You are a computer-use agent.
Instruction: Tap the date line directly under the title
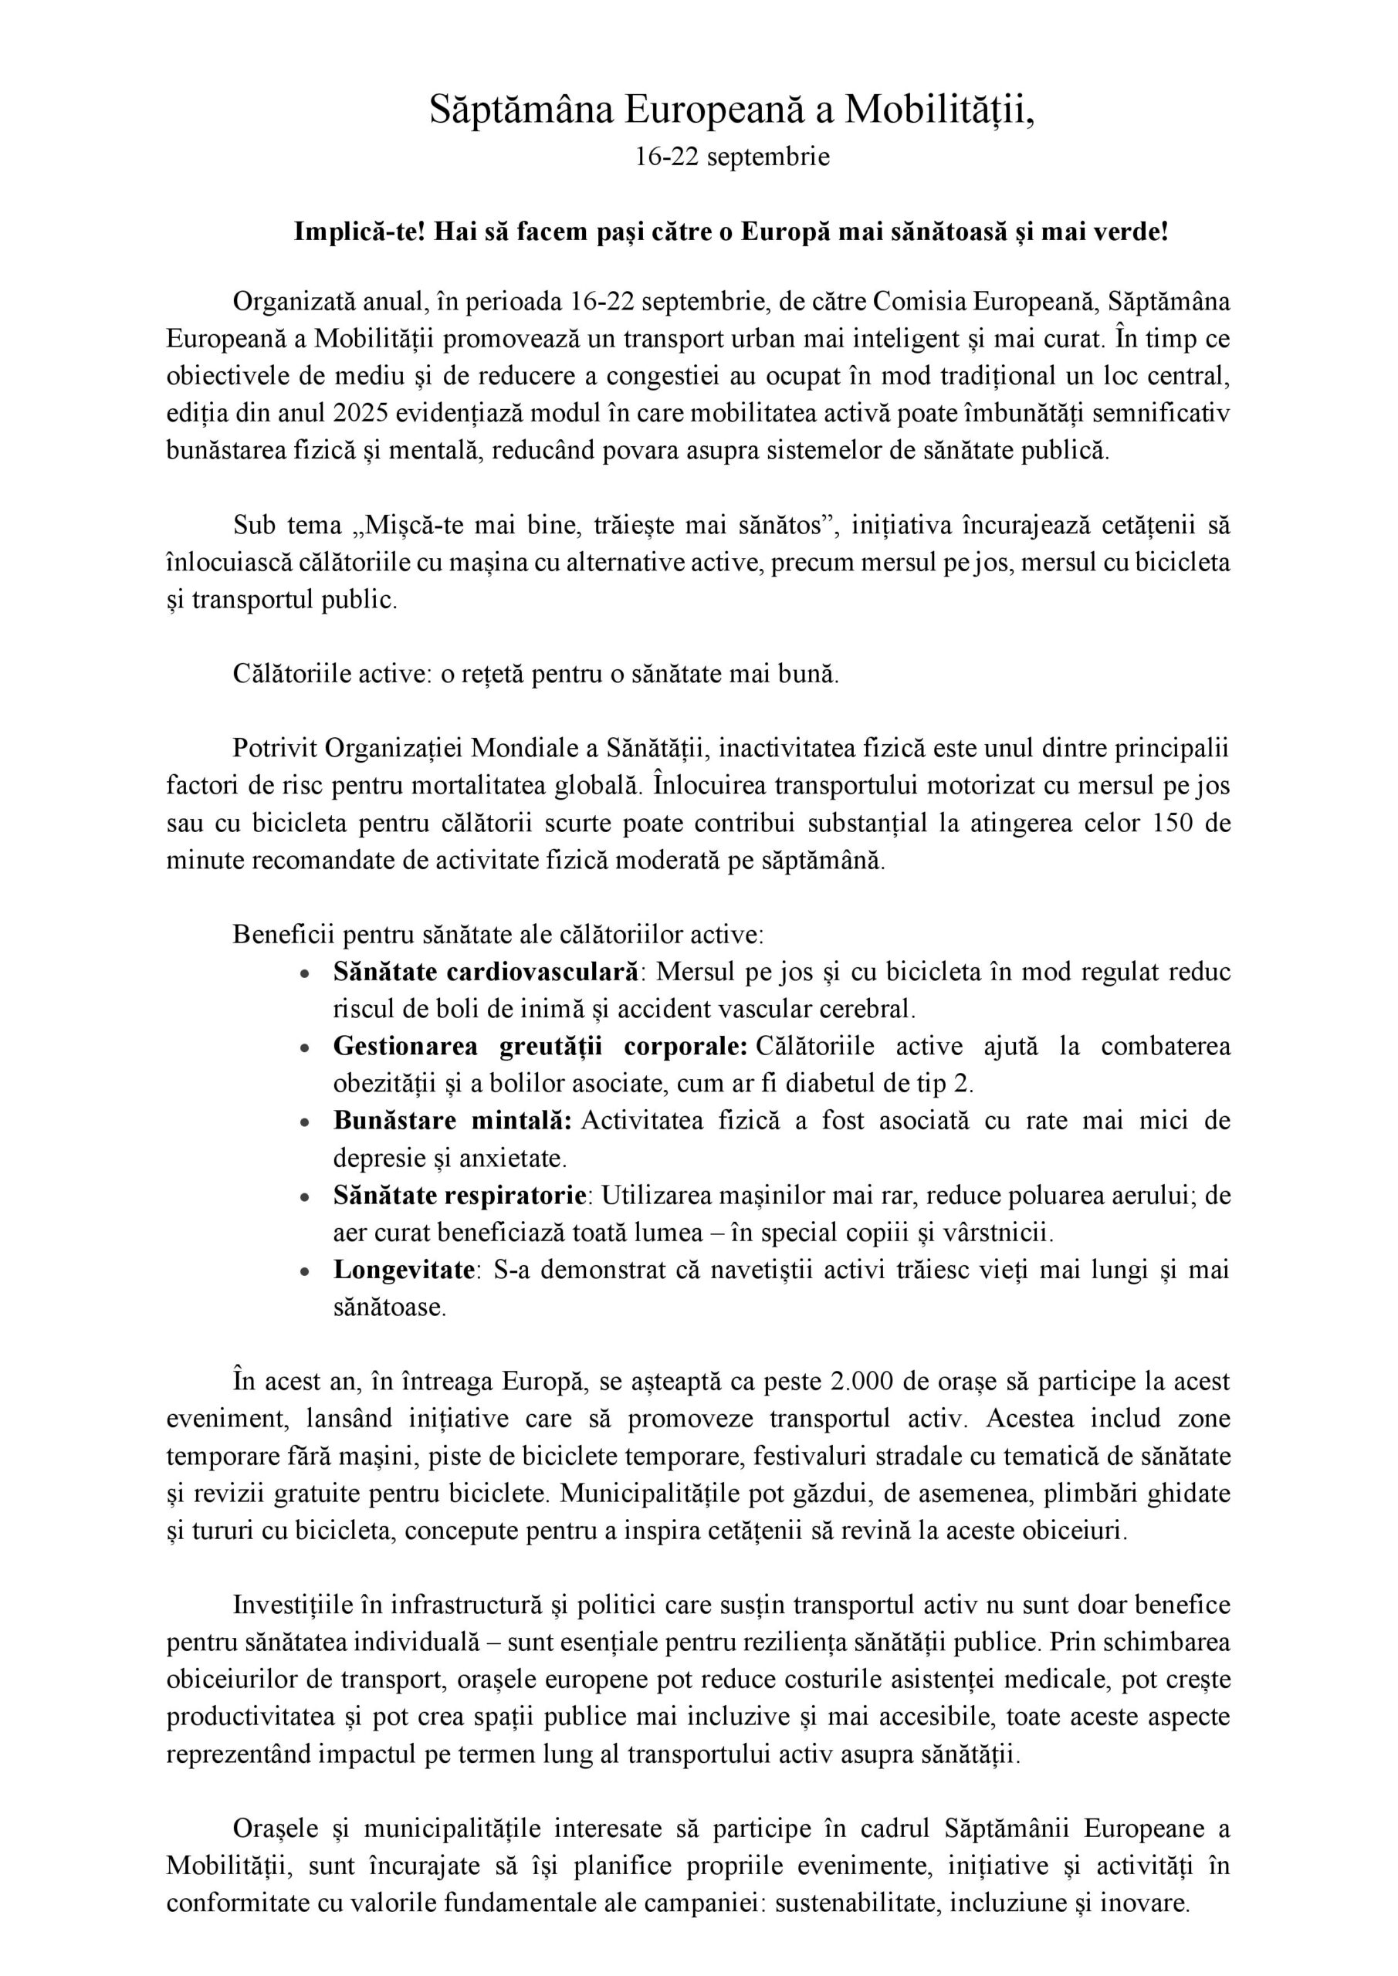(732, 157)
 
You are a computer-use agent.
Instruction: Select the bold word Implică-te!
(360, 232)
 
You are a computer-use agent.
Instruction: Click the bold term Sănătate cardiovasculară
(486, 972)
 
